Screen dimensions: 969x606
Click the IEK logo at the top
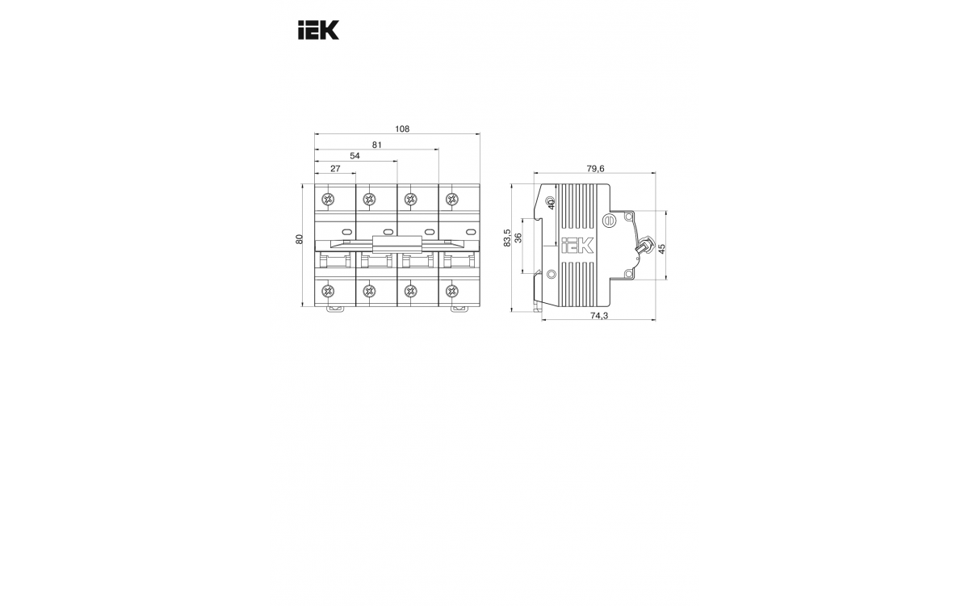point(318,31)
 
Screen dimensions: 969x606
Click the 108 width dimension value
point(402,129)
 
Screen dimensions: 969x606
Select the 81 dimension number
point(377,145)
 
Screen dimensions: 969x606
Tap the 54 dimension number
point(354,156)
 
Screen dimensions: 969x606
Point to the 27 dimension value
point(335,169)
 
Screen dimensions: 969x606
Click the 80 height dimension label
point(299,239)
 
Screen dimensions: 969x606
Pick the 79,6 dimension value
point(595,169)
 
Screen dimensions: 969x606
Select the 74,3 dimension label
point(599,316)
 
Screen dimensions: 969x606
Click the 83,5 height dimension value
point(507,238)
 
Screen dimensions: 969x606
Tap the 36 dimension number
point(518,238)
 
